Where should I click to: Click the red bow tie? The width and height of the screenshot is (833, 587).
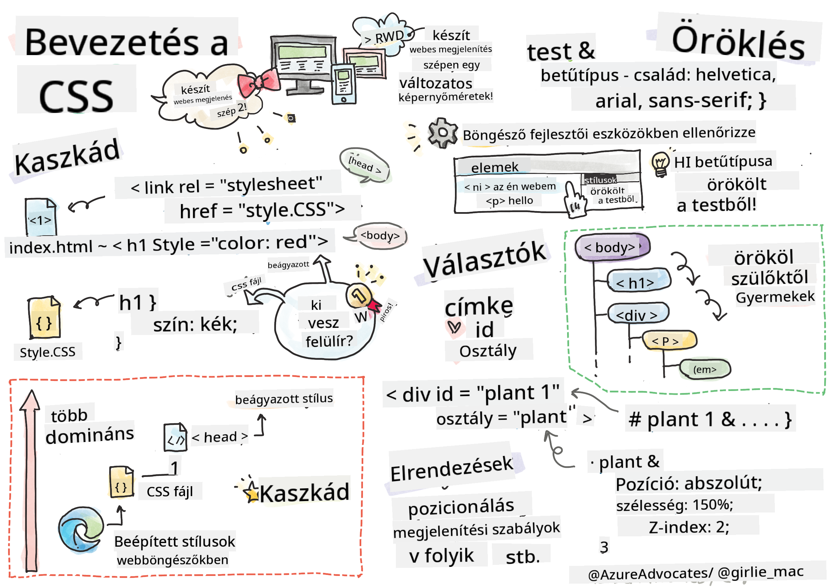(258, 83)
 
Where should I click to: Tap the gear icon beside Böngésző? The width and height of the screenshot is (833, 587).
(442, 133)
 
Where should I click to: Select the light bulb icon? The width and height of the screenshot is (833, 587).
(660, 164)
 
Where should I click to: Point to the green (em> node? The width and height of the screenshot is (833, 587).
(704, 370)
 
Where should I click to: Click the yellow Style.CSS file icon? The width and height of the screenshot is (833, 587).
(44, 319)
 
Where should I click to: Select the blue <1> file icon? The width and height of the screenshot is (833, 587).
(41, 217)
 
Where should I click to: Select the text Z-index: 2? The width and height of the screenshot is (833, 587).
(688, 527)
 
